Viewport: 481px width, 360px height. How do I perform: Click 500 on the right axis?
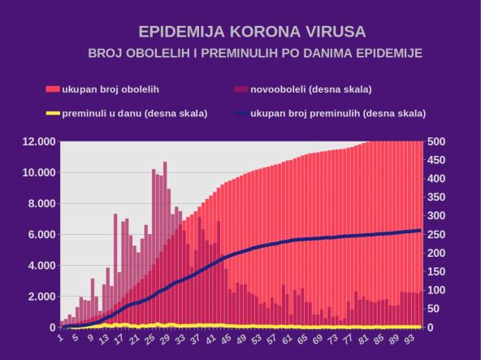click(436, 141)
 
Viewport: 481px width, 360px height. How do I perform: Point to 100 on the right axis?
click(436, 290)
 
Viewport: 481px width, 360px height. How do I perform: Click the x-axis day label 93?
click(415, 337)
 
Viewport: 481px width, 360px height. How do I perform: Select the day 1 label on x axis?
click(62, 336)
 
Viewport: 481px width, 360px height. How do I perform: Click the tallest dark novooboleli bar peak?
click(165, 163)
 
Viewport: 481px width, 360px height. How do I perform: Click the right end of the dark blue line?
click(420, 230)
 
